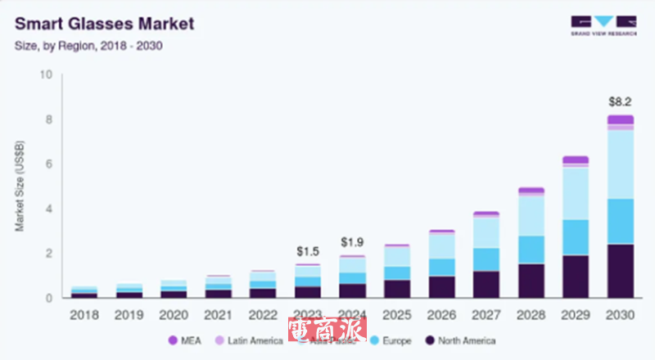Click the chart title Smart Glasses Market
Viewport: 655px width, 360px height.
[x=105, y=23]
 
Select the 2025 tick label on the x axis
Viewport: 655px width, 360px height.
[x=396, y=314]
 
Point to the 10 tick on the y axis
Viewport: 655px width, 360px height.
[x=46, y=75]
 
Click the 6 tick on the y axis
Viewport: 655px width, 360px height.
[x=48, y=164]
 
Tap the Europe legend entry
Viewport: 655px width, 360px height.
[x=393, y=340]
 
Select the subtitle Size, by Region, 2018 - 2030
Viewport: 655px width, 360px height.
[x=88, y=46]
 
